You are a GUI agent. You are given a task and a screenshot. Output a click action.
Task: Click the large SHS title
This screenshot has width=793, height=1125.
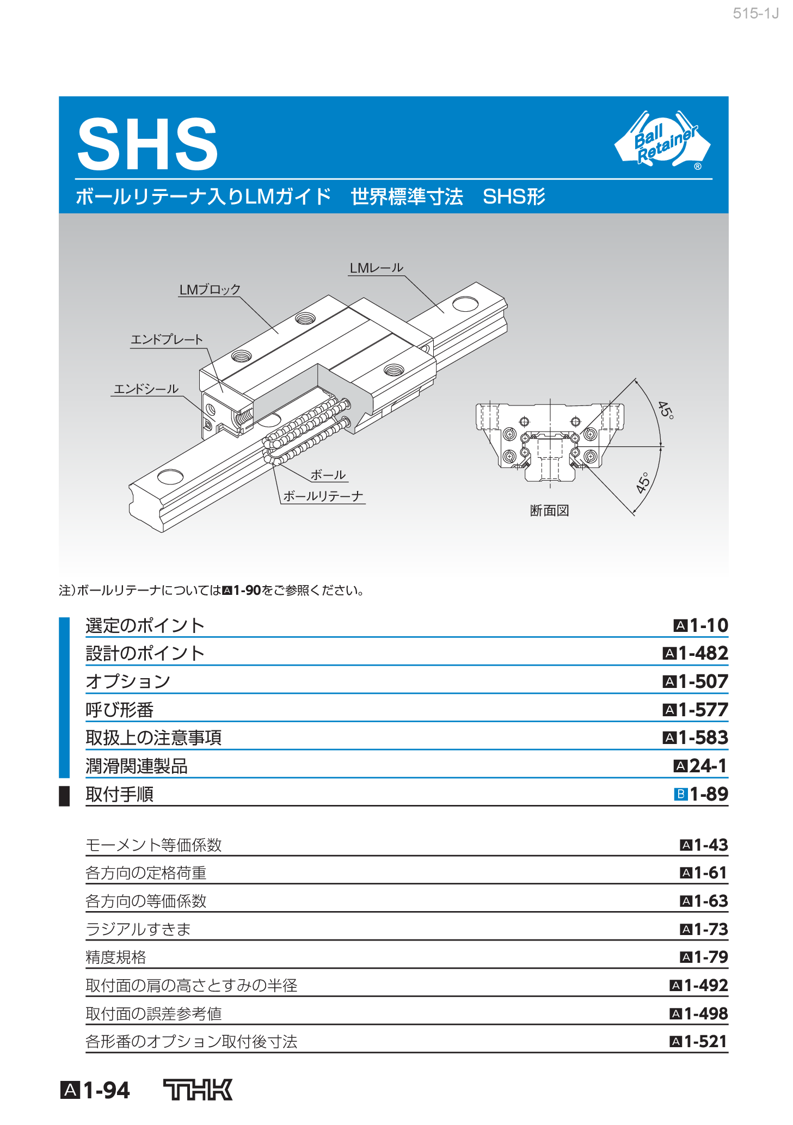coord(147,144)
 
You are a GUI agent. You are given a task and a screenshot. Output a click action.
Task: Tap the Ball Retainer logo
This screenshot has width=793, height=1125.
coord(663,140)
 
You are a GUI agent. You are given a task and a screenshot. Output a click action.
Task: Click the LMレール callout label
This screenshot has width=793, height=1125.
coord(376,268)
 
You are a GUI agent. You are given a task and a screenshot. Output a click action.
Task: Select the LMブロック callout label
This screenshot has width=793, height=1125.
coord(210,290)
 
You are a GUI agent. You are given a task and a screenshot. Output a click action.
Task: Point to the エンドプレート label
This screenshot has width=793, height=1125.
coord(167,340)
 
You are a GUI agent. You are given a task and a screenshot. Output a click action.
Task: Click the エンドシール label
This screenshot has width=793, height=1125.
coord(146,389)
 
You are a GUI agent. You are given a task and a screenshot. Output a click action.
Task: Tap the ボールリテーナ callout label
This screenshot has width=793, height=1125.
coord(323,496)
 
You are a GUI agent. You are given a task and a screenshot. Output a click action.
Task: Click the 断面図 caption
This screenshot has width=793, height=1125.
coord(549,511)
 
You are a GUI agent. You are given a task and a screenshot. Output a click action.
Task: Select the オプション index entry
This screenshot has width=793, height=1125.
coord(128,681)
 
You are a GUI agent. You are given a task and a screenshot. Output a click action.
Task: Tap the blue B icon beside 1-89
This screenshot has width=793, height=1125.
coord(680,794)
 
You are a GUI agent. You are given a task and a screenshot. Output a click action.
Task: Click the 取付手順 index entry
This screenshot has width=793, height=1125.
coord(120,795)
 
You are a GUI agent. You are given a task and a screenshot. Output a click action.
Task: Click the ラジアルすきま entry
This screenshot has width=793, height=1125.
coord(138,929)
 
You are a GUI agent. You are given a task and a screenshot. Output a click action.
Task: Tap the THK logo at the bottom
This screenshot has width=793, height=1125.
coord(198,1090)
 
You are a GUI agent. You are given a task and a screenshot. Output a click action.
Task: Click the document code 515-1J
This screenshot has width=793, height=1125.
coord(755,14)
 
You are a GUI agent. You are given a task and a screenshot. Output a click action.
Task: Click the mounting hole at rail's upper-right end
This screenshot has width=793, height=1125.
coord(465,304)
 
